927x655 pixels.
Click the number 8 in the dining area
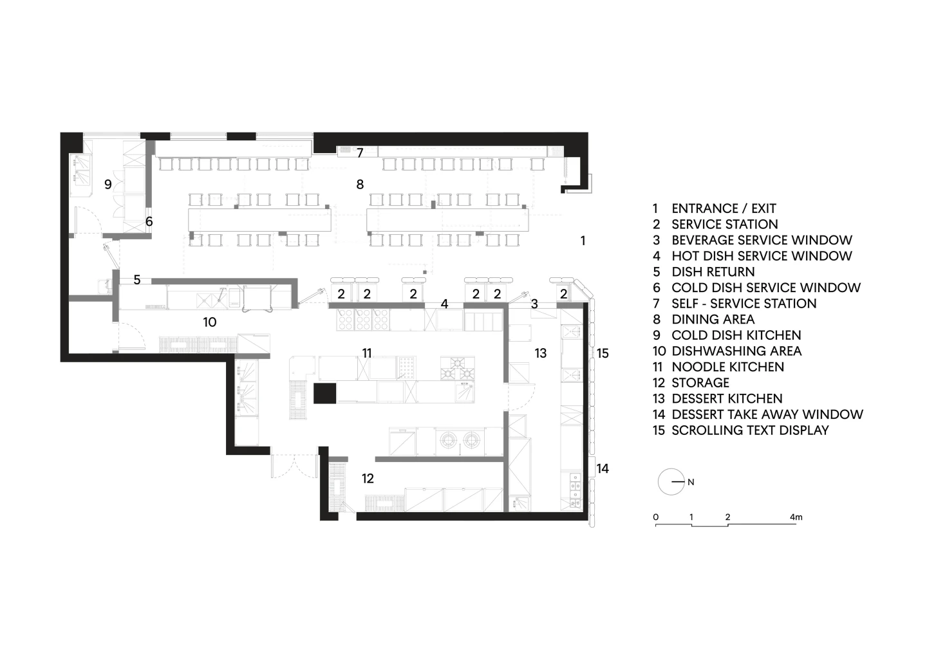pyautogui.click(x=360, y=185)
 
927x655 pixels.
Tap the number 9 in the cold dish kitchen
pyautogui.click(x=108, y=185)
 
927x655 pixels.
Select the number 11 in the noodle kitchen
pyautogui.click(x=367, y=353)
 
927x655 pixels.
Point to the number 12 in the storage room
pyautogui.click(x=368, y=479)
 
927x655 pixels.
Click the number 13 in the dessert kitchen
pyautogui.click(x=541, y=353)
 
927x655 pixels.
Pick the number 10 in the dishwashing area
pyautogui.click(x=210, y=322)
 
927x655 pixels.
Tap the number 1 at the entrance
pyautogui.click(x=583, y=241)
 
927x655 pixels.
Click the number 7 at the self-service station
pyautogui.click(x=360, y=153)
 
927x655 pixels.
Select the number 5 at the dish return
pyautogui.click(x=137, y=280)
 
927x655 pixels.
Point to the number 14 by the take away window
pyautogui.click(x=603, y=468)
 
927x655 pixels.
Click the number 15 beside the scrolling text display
pyautogui.click(x=603, y=353)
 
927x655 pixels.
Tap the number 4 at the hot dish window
pyautogui.click(x=444, y=304)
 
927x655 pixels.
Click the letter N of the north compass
pyautogui.click(x=691, y=482)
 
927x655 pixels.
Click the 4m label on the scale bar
pyautogui.click(x=796, y=517)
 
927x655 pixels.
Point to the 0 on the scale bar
pyautogui.click(x=655, y=517)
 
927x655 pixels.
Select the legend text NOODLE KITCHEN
pyautogui.click(x=728, y=367)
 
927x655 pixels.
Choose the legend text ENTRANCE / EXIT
pyautogui.click(x=724, y=208)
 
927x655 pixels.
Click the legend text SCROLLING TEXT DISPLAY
pyautogui.click(x=751, y=430)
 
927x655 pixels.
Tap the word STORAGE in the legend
pyautogui.click(x=700, y=383)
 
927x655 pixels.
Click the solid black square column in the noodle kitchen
pyautogui.click(x=324, y=393)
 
